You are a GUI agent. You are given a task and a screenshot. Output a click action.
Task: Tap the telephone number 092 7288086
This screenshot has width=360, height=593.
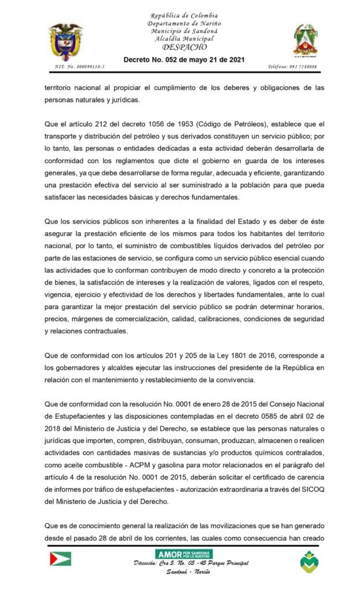tap(292, 67)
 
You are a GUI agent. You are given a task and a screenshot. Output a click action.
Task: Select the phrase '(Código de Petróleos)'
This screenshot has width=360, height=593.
tap(234, 124)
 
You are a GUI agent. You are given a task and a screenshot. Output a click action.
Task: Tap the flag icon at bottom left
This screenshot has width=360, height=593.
tap(60, 558)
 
